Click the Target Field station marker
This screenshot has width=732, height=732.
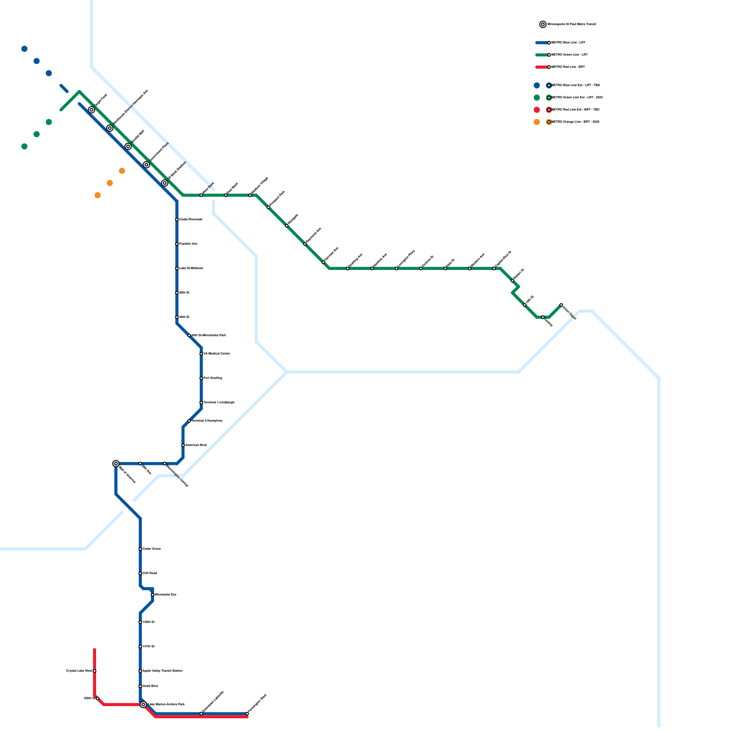(x=91, y=110)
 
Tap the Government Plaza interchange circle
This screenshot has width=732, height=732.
(x=146, y=165)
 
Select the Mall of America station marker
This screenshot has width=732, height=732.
(x=116, y=463)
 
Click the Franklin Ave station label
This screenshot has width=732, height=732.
(x=188, y=244)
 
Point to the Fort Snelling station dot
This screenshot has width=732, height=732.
(x=201, y=378)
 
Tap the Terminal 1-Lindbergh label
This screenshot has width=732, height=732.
(x=219, y=403)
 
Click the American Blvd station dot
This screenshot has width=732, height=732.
(x=183, y=445)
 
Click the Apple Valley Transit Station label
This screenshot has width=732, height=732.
(x=163, y=671)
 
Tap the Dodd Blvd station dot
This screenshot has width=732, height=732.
(x=140, y=686)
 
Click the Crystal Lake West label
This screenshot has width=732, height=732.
(x=79, y=671)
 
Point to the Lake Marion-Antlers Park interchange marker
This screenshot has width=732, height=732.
(x=143, y=705)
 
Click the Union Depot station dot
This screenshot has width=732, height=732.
(x=561, y=305)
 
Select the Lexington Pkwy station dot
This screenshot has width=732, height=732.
(x=397, y=269)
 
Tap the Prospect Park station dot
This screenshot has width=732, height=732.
(x=269, y=208)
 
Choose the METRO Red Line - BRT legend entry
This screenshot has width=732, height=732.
(x=568, y=67)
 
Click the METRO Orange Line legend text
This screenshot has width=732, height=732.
(x=576, y=122)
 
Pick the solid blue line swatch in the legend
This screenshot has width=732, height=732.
(x=542, y=43)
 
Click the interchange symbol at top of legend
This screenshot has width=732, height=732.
(x=543, y=24)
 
